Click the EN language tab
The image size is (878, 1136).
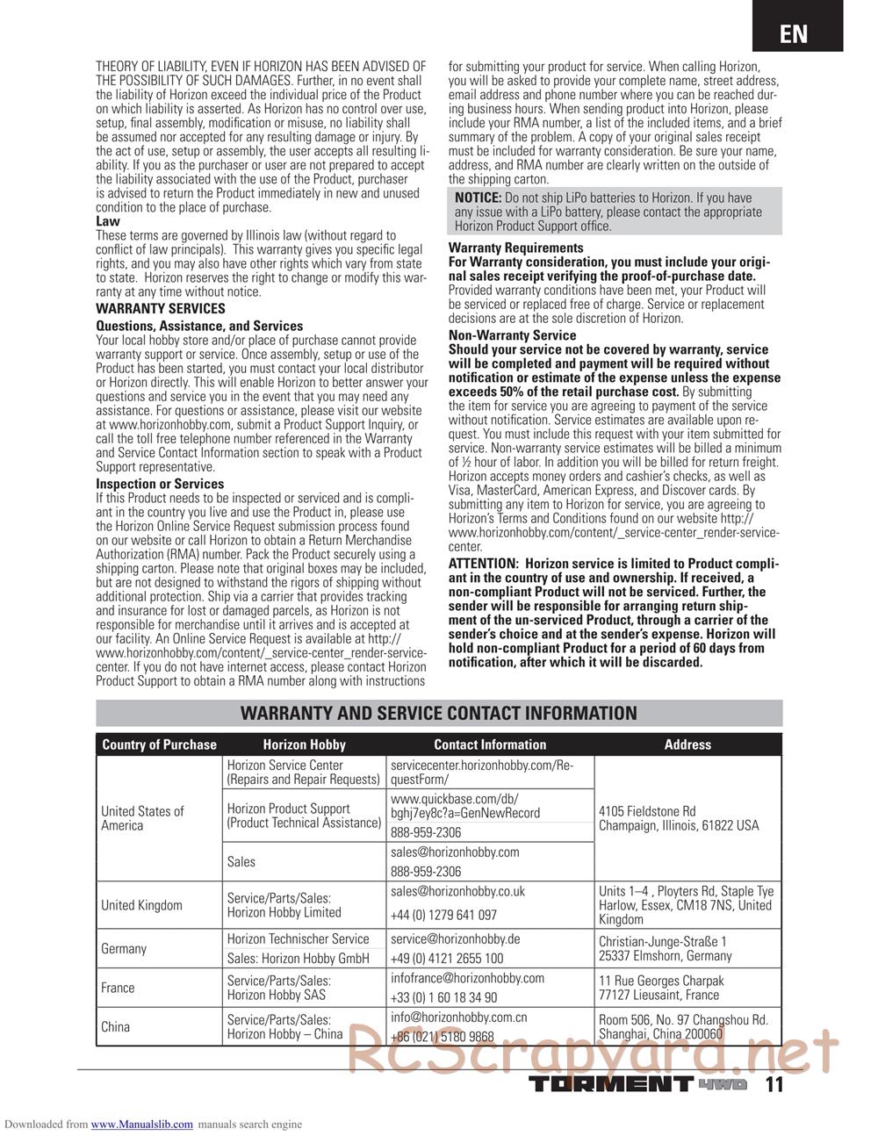pos(793,33)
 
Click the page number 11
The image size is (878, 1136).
pos(774,1084)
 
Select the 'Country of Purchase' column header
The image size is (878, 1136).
pos(159,744)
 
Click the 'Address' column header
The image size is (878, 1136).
pos(687,744)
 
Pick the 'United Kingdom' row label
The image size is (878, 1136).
pos(142,905)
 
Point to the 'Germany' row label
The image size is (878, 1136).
pos(124,949)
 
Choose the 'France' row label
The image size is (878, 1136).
pos(118,988)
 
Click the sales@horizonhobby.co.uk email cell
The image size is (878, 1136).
pos(457,891)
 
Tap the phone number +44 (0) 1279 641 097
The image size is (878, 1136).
pos(443,915)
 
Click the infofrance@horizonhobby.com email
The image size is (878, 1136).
pos(467,978)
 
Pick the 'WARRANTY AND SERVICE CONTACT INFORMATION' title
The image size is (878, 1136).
pos(439,714)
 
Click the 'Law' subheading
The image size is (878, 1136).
pos(108,221)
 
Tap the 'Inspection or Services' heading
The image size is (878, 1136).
pos(160,484)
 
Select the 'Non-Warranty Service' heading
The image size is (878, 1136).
pos(513,335)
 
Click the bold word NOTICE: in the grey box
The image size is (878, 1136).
pos(478,198)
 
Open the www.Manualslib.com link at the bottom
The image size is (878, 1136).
pos(142,1124)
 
